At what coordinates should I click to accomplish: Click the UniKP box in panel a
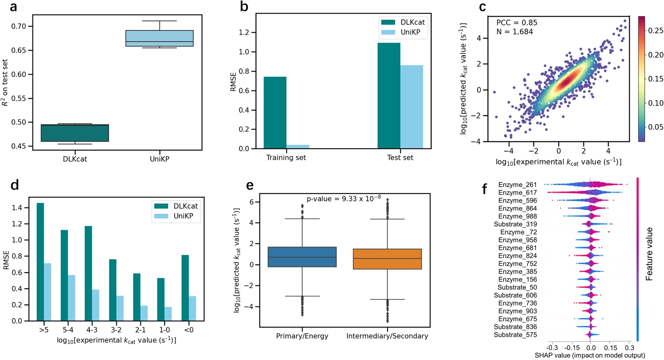pyautogui.click(x=159, y=38)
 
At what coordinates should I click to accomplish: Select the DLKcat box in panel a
pyautogui.click(x=75, y=133)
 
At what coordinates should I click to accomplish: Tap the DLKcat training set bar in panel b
pyautogui.click(x=275, y=113)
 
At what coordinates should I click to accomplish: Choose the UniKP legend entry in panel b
pyautogui.click(x=403, y=32)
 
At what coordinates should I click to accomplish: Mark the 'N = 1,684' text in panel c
pyautogui.click(x=515, y=32)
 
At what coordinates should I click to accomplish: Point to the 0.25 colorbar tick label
pyautogui.click(x=656, y=31)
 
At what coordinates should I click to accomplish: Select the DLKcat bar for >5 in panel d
pyautogui.click(x=40, y=262)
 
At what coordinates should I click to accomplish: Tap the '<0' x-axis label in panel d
pyautogui.click(x=189, y=330)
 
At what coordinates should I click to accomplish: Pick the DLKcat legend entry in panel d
pyautogui.click(x=176, y=206)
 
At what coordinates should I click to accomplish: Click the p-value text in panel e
pyautogui.click(x=344, y=199)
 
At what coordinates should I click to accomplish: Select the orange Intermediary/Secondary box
pyautogui.click(x=387, y=259)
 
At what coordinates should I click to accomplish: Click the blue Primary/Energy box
pyautogui.click(x=302, y=257)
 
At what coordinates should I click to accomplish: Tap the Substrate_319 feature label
pyautogui.click(x=515, y=224)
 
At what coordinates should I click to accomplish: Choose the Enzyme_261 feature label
pyautogui.click(x=517, y=185)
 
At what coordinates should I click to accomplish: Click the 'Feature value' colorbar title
pyautogui.click(x=649, y=254)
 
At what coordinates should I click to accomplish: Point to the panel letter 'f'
pyautogui.click(x=484, y=189)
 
